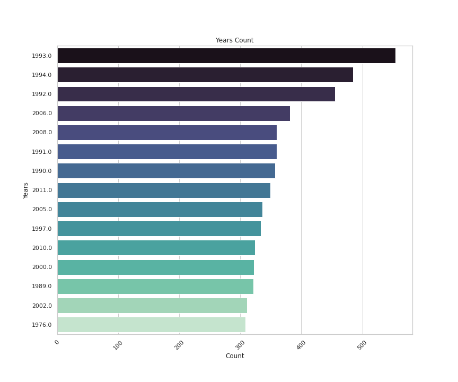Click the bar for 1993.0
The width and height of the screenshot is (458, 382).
(226, 56)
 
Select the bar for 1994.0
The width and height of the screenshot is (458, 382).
(205, 75)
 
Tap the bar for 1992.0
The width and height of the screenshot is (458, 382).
(196, 94)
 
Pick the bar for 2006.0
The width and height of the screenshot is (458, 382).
(174, 114)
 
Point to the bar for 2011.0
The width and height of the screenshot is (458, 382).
(164, 190)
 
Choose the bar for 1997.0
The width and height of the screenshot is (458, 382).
(159, 229)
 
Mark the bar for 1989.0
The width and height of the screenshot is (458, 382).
(155, 286)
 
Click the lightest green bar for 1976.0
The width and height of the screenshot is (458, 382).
(152, 325)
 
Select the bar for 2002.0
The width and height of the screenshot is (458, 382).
(152, 306)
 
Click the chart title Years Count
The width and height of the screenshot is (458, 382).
(234, 40)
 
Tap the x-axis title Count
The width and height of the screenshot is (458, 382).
(235, 356)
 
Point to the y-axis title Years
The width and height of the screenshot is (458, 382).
(26, 190)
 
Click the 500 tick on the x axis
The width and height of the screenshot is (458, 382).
(362, 345)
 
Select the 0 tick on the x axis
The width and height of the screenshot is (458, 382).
(57, 342)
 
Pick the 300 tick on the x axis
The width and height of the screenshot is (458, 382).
(240, 345)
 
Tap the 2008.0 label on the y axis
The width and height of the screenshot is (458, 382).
(42, 133)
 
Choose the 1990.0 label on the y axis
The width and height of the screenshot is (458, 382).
(42, 171)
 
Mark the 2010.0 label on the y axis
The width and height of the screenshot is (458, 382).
(42, 248)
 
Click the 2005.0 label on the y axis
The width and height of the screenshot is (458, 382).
(42, 210)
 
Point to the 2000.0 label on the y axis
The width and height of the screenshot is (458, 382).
(42, 267)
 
